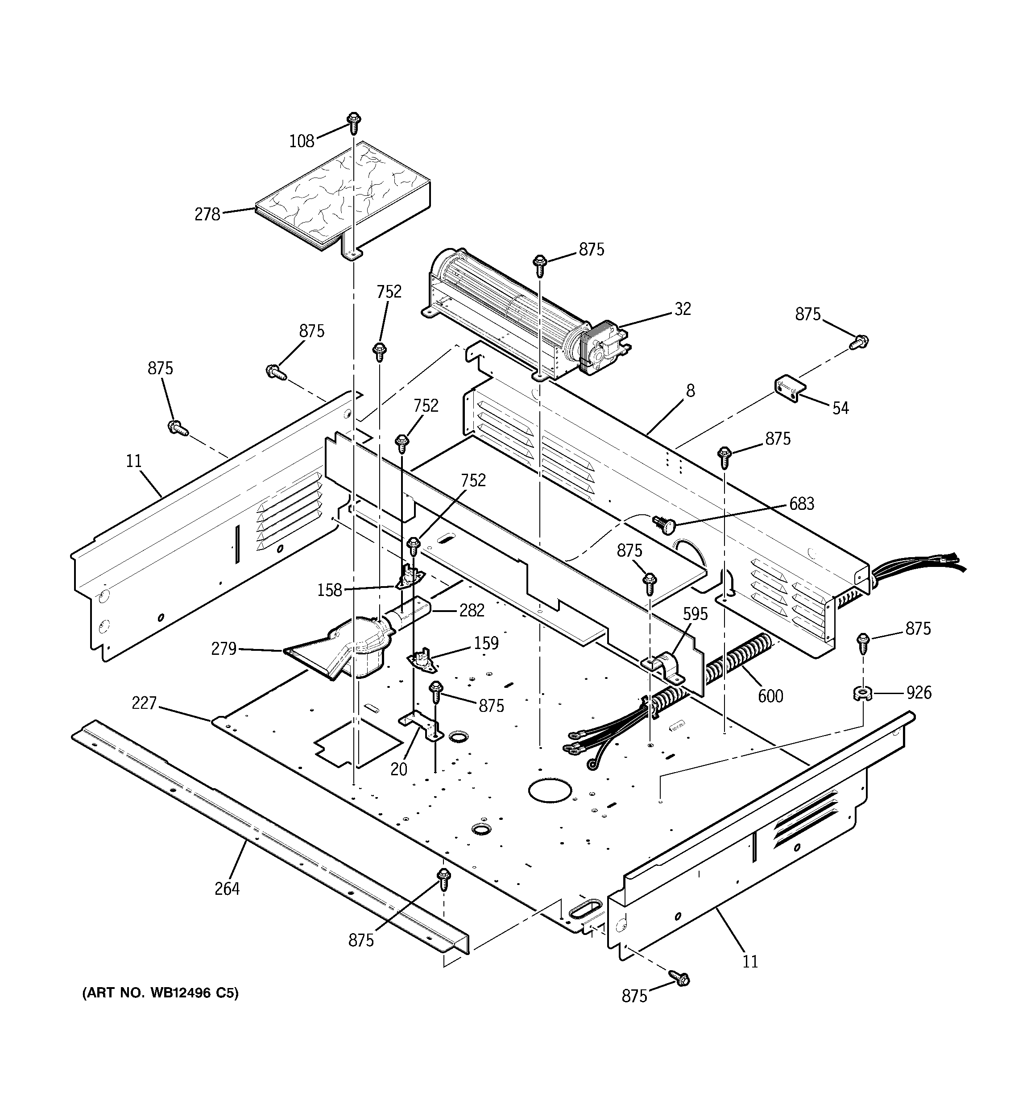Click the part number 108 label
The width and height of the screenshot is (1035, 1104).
(302, 141)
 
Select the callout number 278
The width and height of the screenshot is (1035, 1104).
(207, 215)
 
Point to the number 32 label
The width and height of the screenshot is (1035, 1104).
(683, 309)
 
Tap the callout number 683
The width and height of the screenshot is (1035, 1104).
(802, 504)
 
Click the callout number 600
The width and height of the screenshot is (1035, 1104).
(770, 696)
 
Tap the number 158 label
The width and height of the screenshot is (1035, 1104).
(329, 590)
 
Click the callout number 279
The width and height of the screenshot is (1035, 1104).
(224, 649)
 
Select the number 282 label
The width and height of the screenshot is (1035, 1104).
(472, 610)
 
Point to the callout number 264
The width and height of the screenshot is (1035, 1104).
(227, 889)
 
